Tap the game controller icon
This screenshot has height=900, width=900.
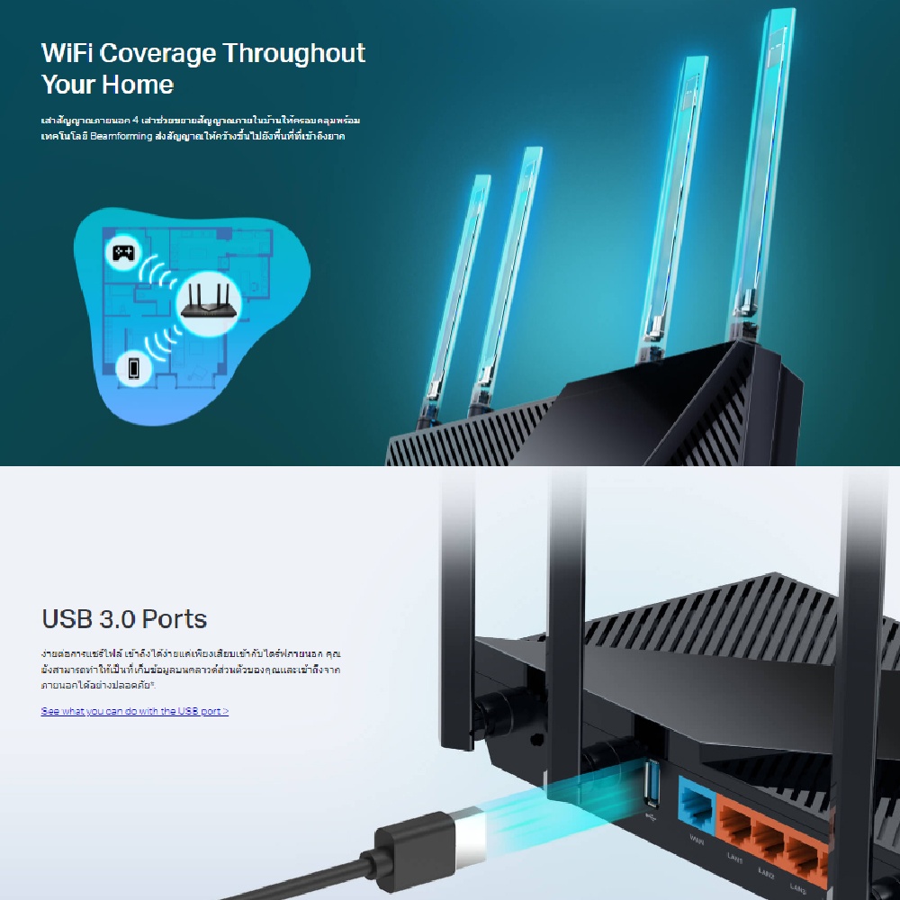[122, 252]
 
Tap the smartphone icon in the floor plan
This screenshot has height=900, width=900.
[133, 367]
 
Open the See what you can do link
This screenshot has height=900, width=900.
[135, 711]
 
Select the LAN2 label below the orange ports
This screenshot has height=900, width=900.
[766, 871]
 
